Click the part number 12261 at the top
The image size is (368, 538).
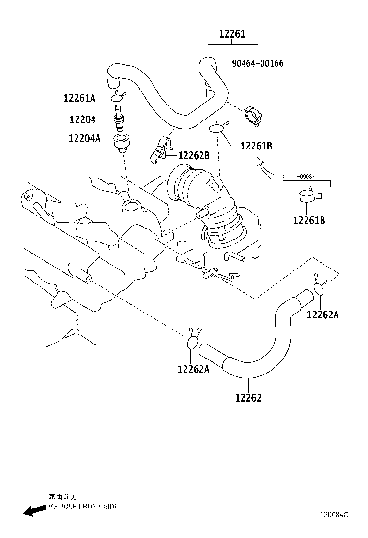click(232, 34)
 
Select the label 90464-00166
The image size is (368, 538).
click(258, 63)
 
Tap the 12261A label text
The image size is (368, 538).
click(79, 98)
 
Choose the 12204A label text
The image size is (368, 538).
click(84, 139)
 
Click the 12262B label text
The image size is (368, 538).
click(194, 156)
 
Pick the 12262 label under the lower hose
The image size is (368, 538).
click(248, 398)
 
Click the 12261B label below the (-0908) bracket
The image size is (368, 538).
click(309, 221)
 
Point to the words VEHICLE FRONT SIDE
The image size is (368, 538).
click(83, 506)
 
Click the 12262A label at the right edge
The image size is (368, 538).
click(322, 315)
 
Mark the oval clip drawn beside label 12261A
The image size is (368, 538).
click(118, 98)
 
